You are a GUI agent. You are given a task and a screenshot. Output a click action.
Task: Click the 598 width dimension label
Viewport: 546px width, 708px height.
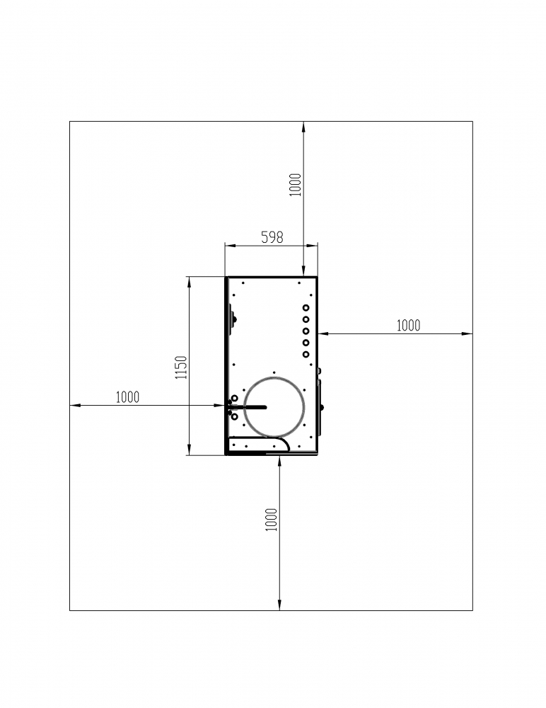point(272,237)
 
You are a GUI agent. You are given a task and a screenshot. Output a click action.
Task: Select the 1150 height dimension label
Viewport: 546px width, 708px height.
point(181,367)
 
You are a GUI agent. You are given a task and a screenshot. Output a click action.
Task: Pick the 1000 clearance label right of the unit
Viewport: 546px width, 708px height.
point(408,325)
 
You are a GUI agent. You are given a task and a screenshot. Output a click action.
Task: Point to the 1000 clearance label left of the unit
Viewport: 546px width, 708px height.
point(128,397)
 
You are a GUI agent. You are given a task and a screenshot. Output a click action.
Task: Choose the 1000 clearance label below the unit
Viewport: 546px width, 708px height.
point(271,520)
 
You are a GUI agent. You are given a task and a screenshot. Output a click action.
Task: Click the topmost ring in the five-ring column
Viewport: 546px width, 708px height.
point(306,307)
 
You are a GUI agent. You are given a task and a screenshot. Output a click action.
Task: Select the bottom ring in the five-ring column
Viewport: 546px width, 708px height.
point(306,355)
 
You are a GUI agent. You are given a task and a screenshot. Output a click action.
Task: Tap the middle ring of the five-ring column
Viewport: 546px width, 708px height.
point(306,331)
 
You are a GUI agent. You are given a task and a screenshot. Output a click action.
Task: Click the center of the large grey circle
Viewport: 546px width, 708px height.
point(274,407)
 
